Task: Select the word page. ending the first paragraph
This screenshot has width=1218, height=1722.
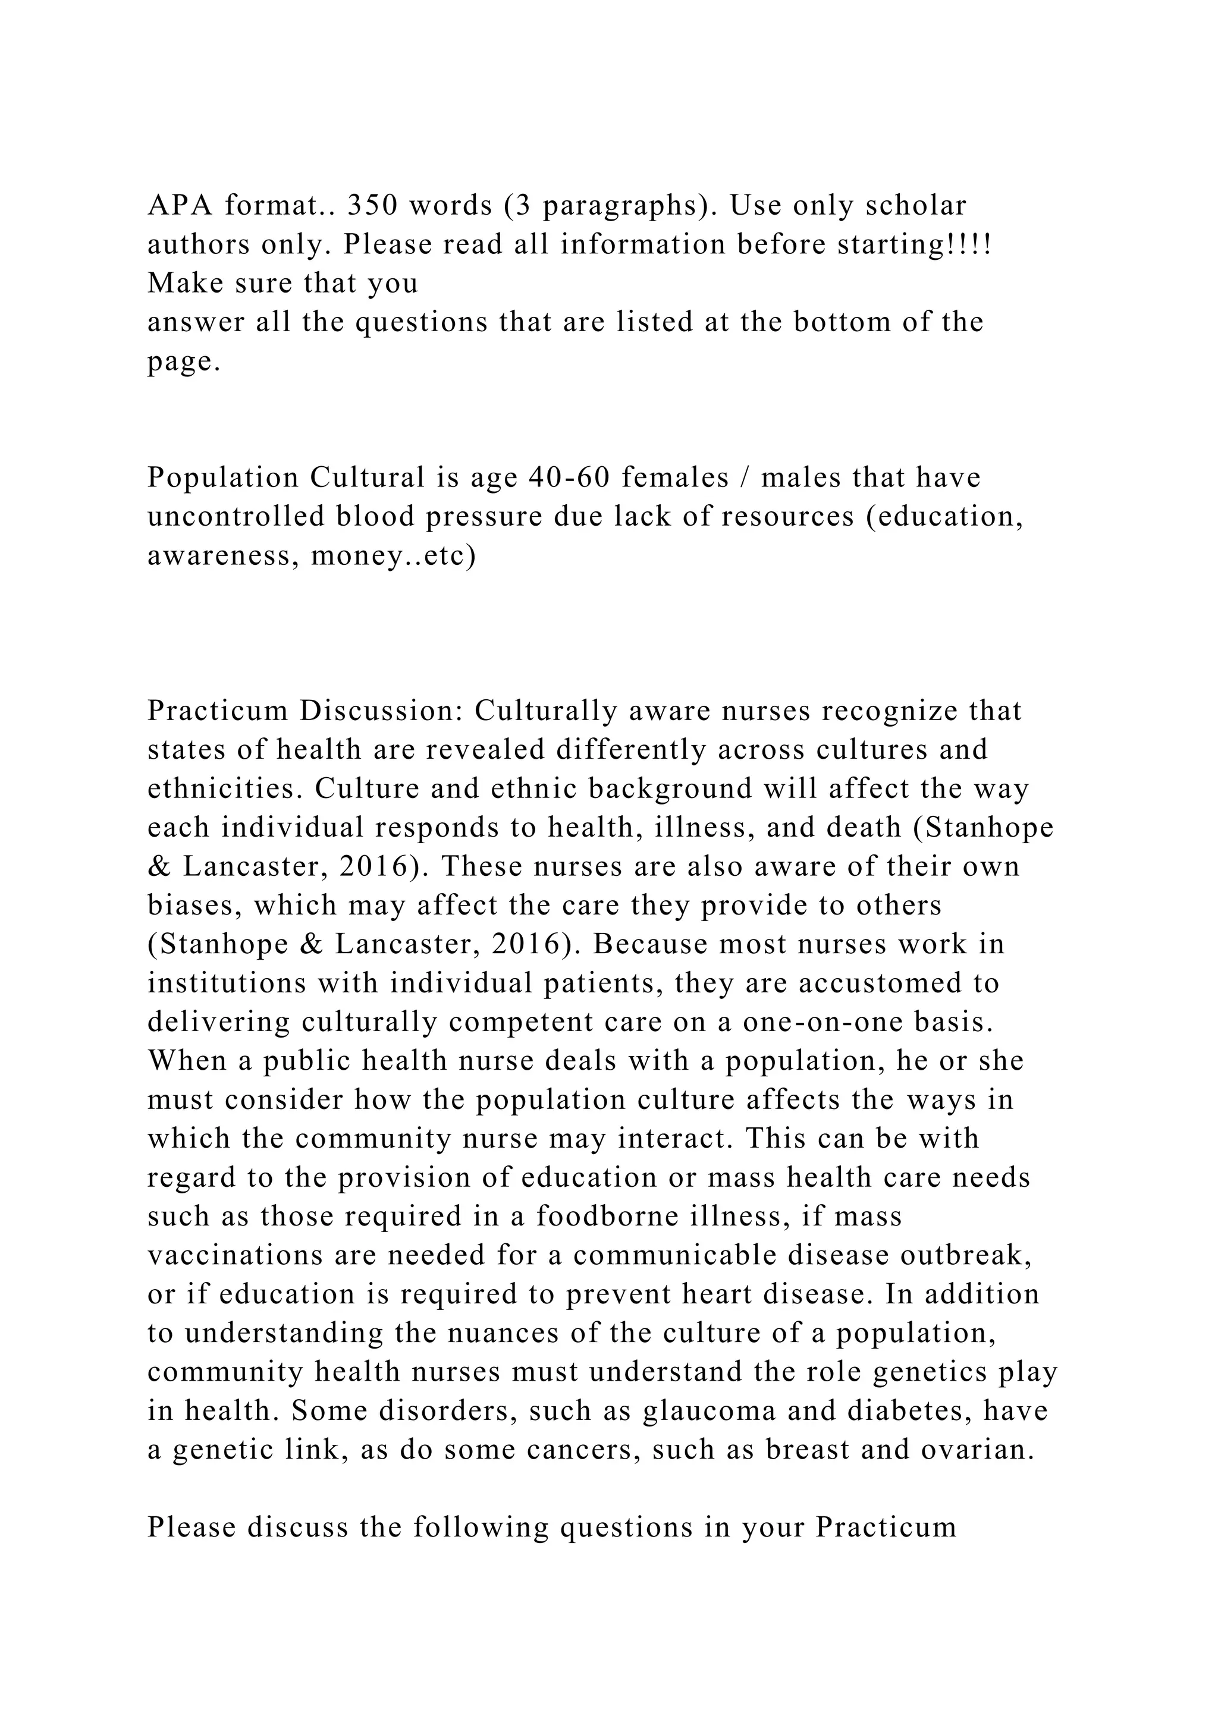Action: coord(184,362)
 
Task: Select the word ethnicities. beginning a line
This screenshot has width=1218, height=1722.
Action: coord(224,788)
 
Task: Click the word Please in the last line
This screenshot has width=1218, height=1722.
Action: coord(192,1528)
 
